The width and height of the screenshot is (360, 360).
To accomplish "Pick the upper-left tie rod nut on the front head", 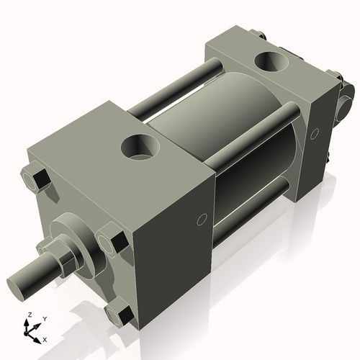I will (34, 178).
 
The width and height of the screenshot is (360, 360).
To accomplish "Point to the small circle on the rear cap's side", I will (314, 133).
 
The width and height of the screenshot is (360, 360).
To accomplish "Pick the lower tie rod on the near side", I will (252, 209).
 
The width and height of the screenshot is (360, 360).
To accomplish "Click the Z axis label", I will (28, 315).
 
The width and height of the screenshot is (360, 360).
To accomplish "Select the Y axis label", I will (44, 318).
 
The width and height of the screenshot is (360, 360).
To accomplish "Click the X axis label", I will (45, 338).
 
